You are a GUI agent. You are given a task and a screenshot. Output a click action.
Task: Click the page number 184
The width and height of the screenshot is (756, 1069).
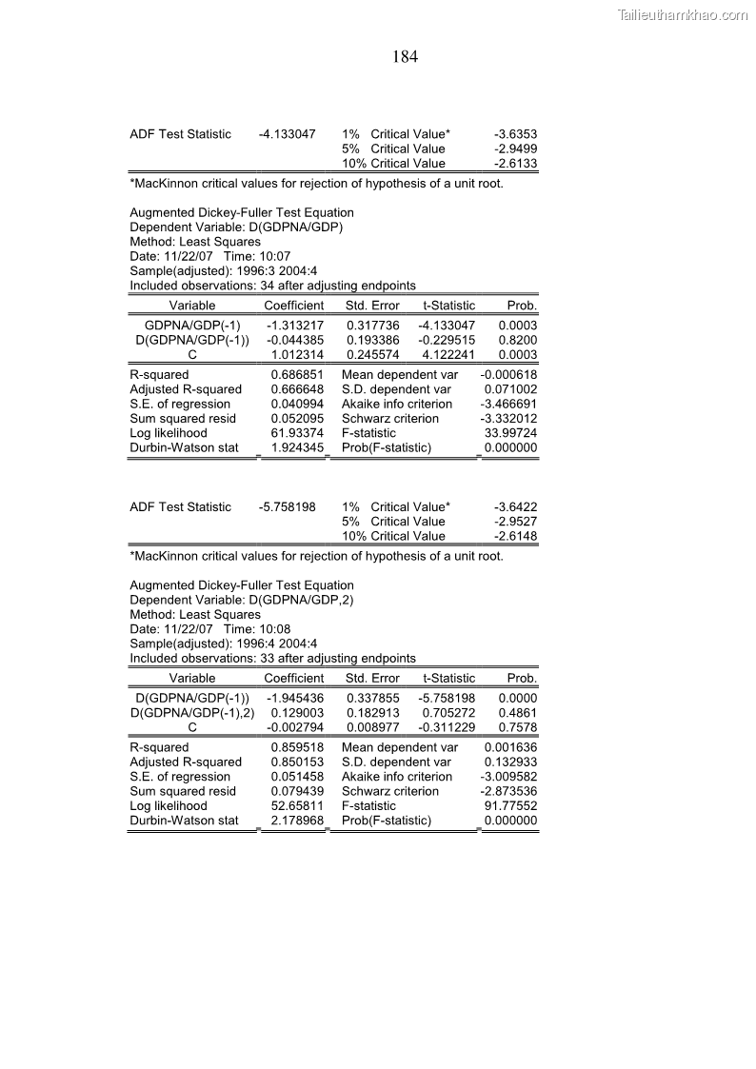405,57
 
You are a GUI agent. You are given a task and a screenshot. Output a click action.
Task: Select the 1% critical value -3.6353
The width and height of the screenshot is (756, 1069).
515,134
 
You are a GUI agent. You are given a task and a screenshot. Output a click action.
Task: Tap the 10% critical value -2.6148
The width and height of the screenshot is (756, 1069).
515,536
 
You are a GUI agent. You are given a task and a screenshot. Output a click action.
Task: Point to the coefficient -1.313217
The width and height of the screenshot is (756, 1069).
295,326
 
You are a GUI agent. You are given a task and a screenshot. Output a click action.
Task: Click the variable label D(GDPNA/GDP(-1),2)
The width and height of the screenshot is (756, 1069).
192,712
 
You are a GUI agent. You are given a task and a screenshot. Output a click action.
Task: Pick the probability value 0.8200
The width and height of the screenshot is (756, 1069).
518,340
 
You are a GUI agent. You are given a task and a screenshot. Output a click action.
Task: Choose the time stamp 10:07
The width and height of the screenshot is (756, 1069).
273,256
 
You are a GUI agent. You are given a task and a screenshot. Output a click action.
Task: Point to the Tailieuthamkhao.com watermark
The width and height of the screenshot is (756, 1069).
684,14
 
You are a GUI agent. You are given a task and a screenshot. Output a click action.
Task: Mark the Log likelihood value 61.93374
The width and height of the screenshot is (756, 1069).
297,433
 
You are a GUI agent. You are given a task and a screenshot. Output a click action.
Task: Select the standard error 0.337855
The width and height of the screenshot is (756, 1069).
372,698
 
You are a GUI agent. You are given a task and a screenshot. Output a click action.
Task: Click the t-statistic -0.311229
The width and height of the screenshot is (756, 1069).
447,727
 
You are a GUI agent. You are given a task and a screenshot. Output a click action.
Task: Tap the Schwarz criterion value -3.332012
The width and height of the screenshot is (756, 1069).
508,419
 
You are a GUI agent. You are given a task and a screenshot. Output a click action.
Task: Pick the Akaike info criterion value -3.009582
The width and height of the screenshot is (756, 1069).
508,777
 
